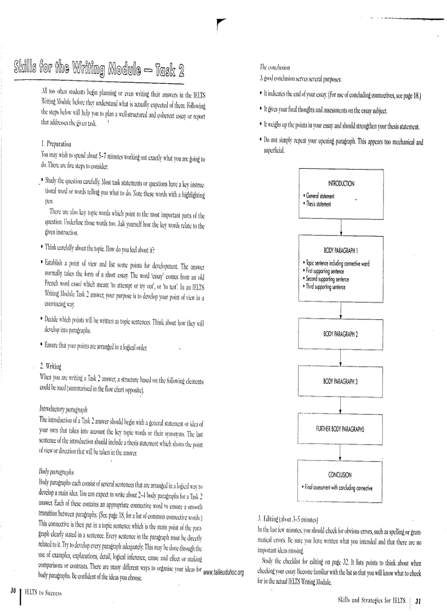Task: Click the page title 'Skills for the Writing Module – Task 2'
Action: click(96, 72)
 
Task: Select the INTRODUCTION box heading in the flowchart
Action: click(340, 183)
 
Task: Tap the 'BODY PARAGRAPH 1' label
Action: click(340, 250)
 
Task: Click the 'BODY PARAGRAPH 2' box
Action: click(340, 334)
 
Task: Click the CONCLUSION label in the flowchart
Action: click(340, 475)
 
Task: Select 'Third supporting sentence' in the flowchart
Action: click(326, 286)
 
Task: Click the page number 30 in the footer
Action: click(12, 591)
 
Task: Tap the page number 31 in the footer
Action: click(417, 600)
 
